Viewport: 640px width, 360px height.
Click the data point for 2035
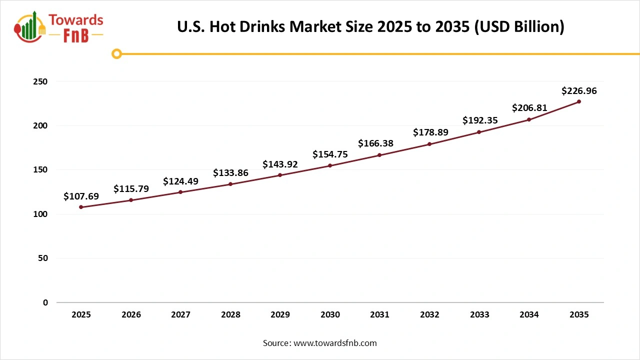click(579, 101)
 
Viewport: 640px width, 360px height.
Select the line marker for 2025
click(81, 207)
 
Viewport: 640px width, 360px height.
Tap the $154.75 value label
click(330, 154)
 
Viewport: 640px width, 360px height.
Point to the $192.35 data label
click(479, 120)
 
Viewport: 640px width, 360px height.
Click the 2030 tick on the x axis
click(330, 315)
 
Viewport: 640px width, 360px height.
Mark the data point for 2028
click(230, 184)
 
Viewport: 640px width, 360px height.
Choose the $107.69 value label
click(81, 196)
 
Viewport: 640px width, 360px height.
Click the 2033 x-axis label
click(479, 315)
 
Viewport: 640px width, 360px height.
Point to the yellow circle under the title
click(116, 53)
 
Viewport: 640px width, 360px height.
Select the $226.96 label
click(579, 91)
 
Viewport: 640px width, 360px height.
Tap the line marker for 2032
click(429, 144)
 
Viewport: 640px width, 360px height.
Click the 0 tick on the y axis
click(45, 302)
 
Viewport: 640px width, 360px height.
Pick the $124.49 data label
click(180, 181)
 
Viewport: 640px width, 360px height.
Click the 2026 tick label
click(131, 315)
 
